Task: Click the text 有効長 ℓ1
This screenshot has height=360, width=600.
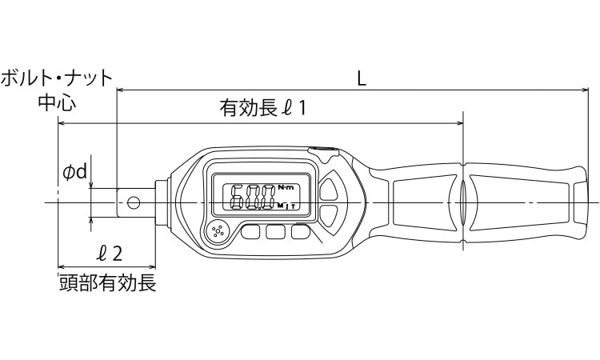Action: pyautogui.click(x=263, y=108)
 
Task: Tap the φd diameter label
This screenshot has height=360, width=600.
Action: pyautogui.click(x=75, y=171)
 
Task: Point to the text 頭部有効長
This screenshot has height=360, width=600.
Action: pyautogui.click(x=107, y=283)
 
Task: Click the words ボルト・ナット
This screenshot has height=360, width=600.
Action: pyautogui.click(x=56, y=78)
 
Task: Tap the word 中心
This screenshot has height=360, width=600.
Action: pyautogui.click(x=58, y=103)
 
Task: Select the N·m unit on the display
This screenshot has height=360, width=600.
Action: pyautogui.click(x=286, y=187)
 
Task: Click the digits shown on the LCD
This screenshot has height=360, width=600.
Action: pyautogui.click(x=252, y=197)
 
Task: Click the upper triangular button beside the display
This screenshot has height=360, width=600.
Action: pyautogui.click(x=330, y=190)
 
